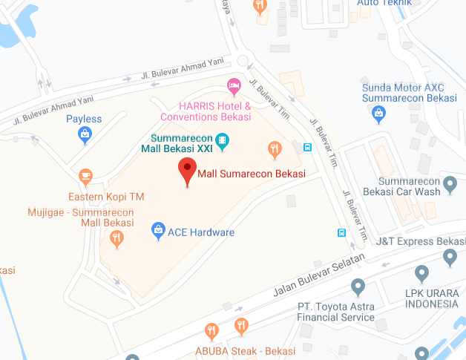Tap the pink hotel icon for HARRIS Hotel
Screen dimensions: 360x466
234,87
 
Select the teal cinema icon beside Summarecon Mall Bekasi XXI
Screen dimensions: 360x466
221,140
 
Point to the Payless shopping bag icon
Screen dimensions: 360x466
85,134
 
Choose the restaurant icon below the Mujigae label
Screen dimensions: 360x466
116,238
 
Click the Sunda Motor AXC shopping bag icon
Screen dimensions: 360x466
379,113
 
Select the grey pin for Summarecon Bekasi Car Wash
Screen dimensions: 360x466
449,183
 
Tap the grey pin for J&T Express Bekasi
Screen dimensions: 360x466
449,257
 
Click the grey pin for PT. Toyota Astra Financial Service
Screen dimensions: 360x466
358,286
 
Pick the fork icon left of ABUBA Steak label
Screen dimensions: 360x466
211,331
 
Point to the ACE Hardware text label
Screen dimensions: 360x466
201,232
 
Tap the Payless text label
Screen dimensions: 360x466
84,119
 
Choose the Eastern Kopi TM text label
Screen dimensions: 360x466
106,197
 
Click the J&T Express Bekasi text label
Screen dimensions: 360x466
421,241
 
